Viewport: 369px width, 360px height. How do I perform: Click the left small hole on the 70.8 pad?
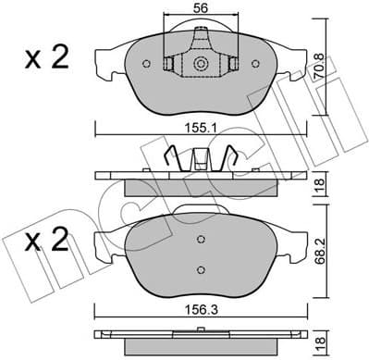point(146,64)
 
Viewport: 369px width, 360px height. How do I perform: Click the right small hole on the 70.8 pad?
point(258,64)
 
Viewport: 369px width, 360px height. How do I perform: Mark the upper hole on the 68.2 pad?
point(202,238)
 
